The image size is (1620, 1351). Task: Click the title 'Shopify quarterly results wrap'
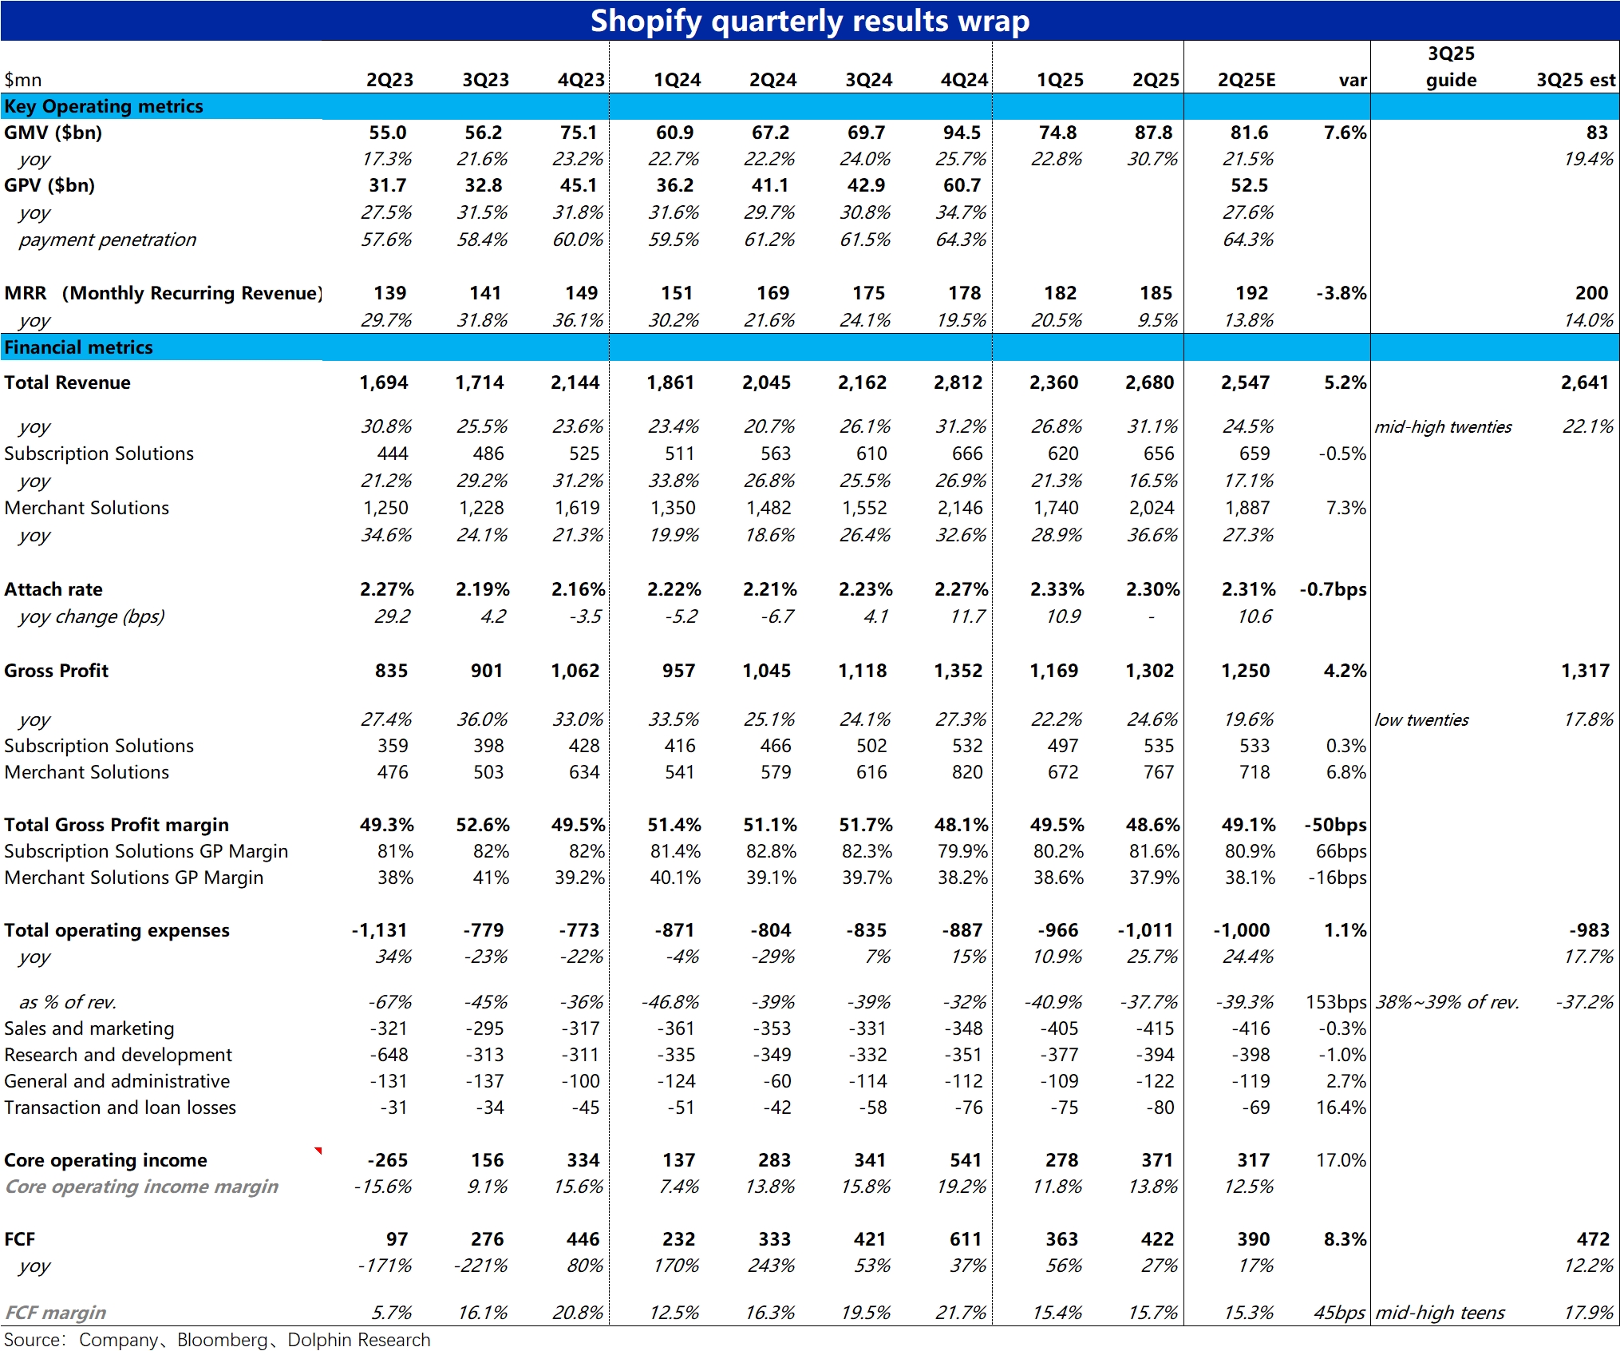coord(809,21)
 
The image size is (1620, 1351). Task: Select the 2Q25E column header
coord(1247,80)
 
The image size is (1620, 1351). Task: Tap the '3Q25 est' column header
coord(1576,80)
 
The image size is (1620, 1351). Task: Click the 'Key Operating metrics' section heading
coord(104,106)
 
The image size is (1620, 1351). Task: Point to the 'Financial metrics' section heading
coord(78,347)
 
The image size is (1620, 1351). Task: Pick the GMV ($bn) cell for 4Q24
coord(962,133)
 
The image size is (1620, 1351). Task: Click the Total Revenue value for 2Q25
coord(1149,382)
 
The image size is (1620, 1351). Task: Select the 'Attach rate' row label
coord(53,589)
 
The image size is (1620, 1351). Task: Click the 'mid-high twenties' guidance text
coord(1443,426)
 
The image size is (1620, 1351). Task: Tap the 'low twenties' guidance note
coord(1421,719)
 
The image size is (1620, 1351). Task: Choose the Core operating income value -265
coord(388,1160)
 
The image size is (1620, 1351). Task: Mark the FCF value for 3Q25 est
coord(1593,1239)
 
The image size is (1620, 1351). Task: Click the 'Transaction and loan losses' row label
coord(120,1107)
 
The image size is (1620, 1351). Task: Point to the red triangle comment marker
coord(319,1150)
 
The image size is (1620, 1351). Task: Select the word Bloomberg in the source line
coord(222,1340)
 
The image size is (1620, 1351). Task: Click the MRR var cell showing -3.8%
coord(1341,293)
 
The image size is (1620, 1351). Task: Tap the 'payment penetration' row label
coord(108,240)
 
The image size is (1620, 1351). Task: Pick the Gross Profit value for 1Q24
coord(678,671)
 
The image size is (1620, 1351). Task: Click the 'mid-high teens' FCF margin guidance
coord(1440,1313)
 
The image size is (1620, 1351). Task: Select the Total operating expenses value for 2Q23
coord(380,930)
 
